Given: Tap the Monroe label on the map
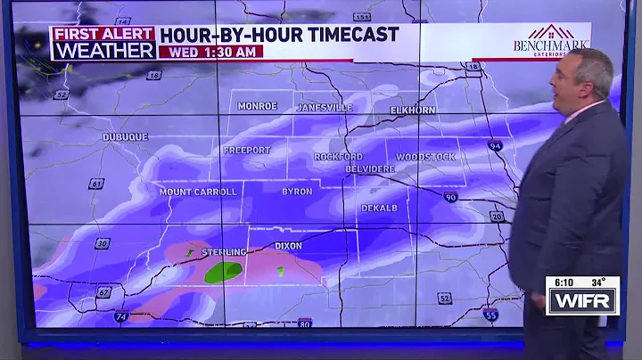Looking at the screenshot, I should coord(258,106).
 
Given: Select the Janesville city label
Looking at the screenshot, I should coord(324,108).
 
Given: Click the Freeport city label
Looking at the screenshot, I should coord(247,150).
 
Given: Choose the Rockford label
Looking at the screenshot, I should coord(338,157).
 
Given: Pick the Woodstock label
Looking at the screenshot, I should coord(425,157).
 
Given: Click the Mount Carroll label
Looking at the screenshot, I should coord(198,192).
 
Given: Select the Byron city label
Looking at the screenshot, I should coord(297,192).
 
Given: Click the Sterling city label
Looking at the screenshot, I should coord(223,252).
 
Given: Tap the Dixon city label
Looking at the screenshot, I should coord(288,246).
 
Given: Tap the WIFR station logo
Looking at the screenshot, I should coord(581,301).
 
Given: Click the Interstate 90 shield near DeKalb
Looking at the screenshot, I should coord(451,197).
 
